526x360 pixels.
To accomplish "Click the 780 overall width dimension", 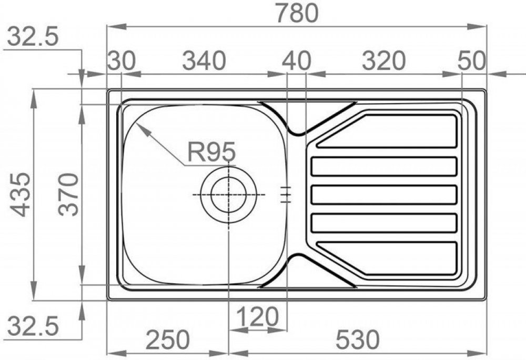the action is [x=297, y=13].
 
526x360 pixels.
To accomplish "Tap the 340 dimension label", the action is [x=204, y=61].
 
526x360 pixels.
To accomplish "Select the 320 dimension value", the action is [x=384, y=61].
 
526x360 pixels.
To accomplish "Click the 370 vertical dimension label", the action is [x=68, y=194].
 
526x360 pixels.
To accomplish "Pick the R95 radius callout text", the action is [x=211, y=152].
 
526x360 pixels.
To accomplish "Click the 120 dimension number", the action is [x=257, y=316].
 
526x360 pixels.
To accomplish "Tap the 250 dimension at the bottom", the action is [x=168, y=340].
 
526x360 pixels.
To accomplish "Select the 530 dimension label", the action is [x=358, y=339].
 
